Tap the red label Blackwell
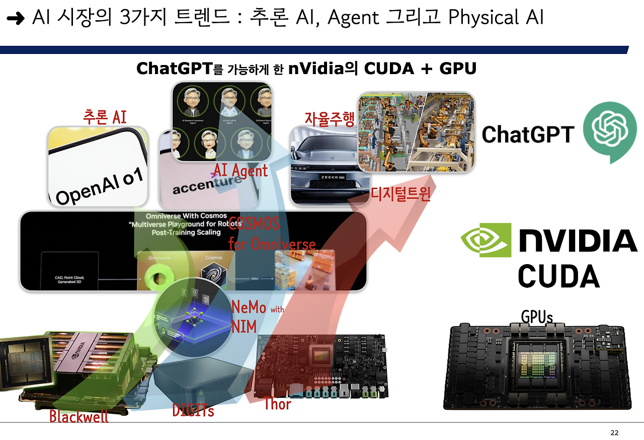(x=79, y=416)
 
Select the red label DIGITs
(x=193, y=410)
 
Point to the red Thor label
(x=277, y=403)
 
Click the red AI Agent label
(x=240, y=170)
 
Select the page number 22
(x=614, y=432)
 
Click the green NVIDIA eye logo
(x=486, y=240)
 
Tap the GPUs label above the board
(x=537, y=317)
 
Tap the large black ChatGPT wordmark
(x=528, y=134)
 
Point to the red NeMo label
(x=249, y=307)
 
